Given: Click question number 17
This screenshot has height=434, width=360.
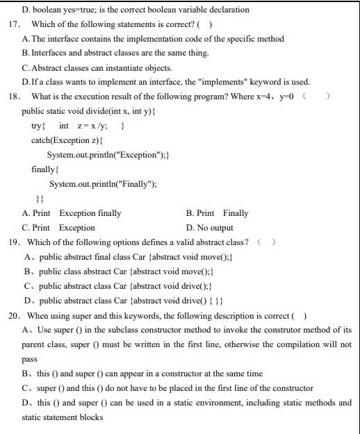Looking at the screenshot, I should pos(13,24).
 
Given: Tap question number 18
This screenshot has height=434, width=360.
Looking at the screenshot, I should pos(13,97).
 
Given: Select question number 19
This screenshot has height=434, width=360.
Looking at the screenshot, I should pos(13,242).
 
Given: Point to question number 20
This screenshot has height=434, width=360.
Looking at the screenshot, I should pos(13,316).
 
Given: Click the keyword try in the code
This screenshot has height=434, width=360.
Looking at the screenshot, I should pos(38,126).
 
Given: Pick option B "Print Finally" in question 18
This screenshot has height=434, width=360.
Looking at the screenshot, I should pos(217,213).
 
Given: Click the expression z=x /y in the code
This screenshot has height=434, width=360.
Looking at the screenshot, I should pos(91,126).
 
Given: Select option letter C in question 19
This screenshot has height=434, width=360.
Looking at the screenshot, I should pos(26,286).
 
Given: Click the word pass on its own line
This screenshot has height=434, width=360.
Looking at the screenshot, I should pos(29,359).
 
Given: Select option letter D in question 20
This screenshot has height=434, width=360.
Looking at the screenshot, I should pos(26,403).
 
